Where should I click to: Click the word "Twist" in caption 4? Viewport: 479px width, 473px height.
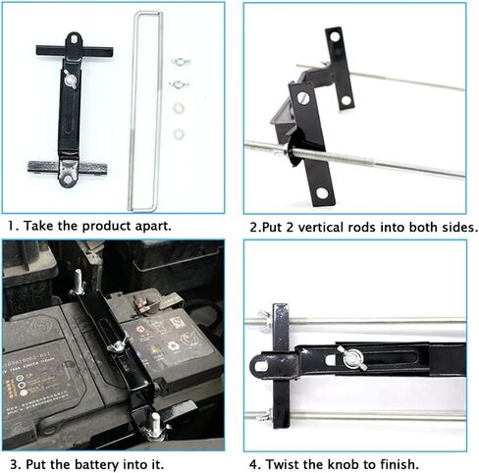(283, 464)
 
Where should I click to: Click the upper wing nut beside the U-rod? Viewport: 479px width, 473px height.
(181, 61)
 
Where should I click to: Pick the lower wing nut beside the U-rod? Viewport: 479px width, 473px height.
(179, 84)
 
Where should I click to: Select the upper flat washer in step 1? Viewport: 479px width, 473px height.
(179, 109)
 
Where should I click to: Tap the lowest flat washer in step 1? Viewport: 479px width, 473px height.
(179, 134)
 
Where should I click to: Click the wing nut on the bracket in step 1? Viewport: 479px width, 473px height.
(70, 79)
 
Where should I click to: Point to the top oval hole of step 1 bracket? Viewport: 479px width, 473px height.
(75, 39)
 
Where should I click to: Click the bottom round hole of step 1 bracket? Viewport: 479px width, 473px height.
(68, 179)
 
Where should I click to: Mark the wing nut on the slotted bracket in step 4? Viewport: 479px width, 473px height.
(354, 359)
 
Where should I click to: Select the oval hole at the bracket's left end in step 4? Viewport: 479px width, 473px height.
(261, 366)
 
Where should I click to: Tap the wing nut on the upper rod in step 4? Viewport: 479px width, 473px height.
(264, 320)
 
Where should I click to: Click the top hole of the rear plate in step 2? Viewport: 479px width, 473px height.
(335, 36)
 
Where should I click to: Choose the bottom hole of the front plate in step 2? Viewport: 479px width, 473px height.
(322, 193)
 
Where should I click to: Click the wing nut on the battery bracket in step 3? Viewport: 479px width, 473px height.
(117, 345)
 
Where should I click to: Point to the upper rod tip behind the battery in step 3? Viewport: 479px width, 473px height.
(78, 278)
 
